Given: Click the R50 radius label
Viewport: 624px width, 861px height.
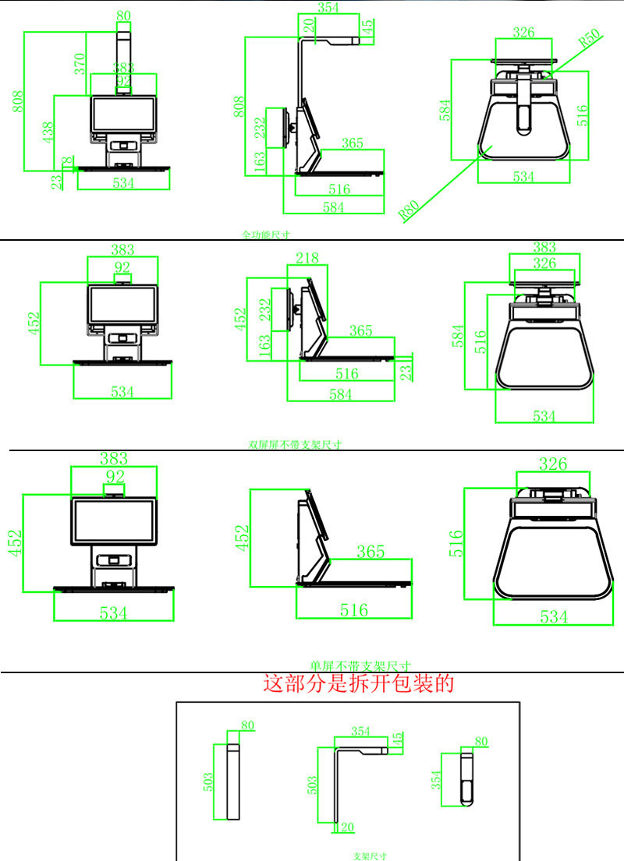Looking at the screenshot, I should pos(589,37).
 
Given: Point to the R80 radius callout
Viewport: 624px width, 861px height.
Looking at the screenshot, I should pos(409,211).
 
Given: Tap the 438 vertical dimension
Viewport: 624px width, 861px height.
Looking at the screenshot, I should pos(48,132).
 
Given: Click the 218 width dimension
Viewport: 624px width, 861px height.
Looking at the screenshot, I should pos(307,258).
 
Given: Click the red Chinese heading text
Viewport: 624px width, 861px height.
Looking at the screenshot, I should pos(359,684).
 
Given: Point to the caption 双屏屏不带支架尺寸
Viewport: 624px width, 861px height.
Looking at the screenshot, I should pos(295,445).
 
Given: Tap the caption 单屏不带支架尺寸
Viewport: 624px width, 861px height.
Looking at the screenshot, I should pos(360,666).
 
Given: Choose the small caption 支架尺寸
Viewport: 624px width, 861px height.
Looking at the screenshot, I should pos(370,856).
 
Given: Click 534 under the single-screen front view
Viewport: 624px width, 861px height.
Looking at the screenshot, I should pos(113,613).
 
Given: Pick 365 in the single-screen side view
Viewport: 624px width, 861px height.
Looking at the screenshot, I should pos(370,552).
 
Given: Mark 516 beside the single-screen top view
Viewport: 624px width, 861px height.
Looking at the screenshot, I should pos(457,543).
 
